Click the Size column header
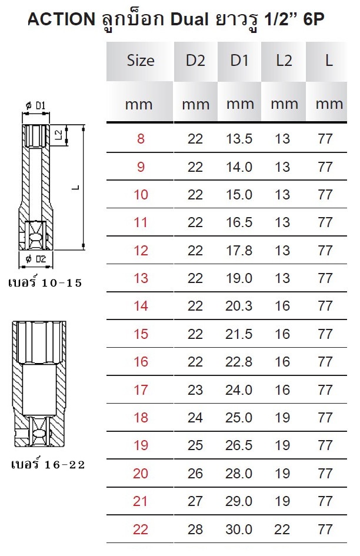click(141, 61)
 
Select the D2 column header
click(195, 61)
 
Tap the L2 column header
click(284, 61)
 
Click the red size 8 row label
click(141, 139)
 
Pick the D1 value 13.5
click(239, 139)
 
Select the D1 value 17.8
click(239, 251)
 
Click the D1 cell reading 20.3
click(239, 306)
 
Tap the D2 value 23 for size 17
click(195, 390)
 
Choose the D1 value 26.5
click(239, 445)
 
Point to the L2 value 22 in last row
click(282, 530)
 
